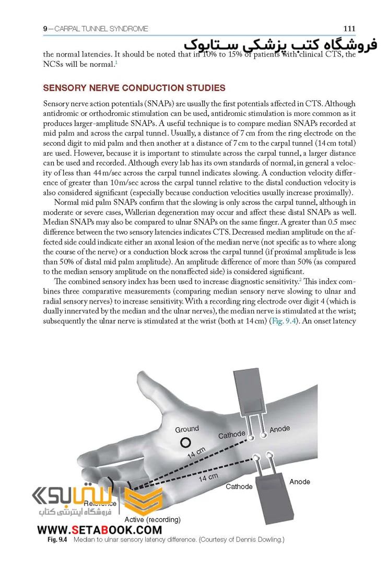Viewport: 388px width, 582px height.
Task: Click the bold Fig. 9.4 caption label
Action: tap(57, 539)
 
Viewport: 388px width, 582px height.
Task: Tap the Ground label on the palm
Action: tap(186, 429)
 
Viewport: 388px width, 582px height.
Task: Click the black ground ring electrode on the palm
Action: tap(185, 443)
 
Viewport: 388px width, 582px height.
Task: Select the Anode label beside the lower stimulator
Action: tap(300, 481)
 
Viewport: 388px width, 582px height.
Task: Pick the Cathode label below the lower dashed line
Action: tap(239, 486)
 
